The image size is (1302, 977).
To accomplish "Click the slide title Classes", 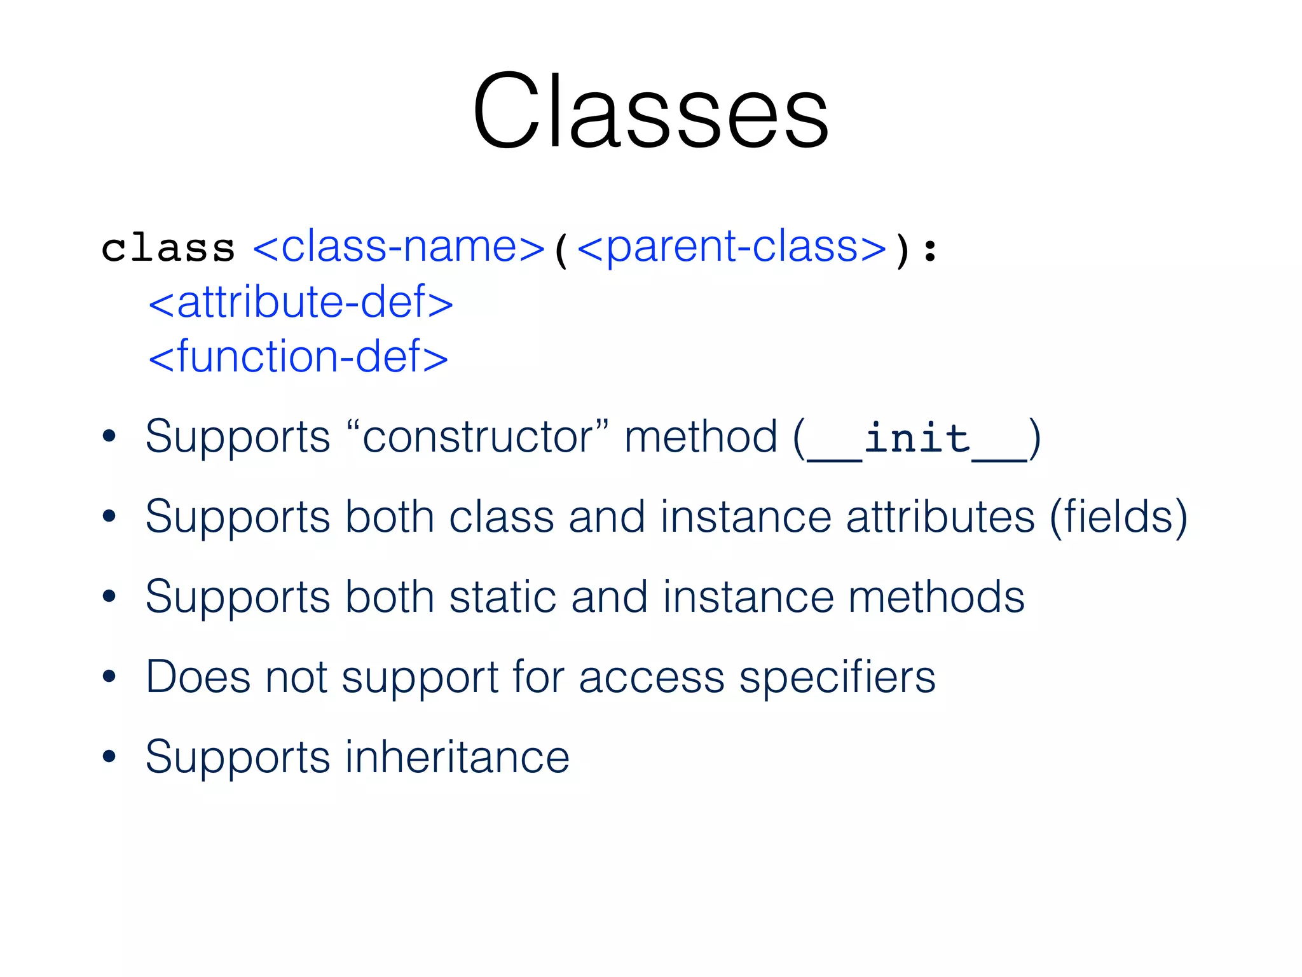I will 650,112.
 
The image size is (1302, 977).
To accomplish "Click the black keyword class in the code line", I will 168,248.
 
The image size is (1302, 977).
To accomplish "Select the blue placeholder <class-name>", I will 399,247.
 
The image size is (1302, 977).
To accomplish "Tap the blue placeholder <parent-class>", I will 732,247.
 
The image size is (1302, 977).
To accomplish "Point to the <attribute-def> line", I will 301,302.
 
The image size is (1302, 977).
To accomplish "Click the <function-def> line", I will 298,357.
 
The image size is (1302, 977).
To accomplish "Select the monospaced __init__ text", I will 917,439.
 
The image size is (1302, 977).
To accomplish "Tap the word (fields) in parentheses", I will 1118,517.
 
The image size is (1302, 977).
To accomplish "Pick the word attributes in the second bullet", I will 940,516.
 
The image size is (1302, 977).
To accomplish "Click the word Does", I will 198,677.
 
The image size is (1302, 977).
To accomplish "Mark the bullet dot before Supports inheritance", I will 109,756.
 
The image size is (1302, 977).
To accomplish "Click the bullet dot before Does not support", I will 109,676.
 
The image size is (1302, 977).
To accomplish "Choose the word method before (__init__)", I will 701,438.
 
